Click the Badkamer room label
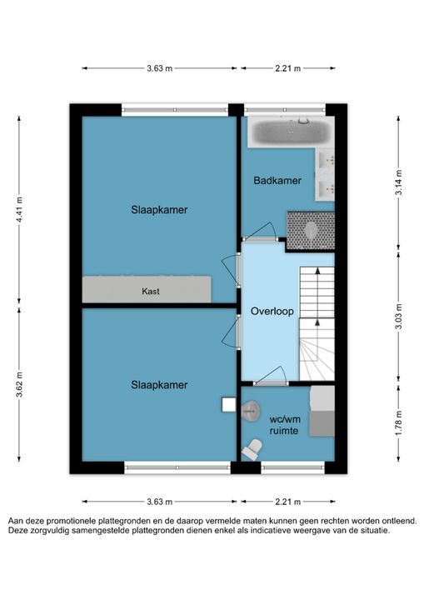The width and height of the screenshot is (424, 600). pyautogui.click(x=277, y=181)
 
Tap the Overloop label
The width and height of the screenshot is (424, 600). pyautogui.click(x=272, y=311)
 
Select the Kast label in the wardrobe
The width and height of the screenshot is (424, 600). pyautogui.click(x=151, y=291)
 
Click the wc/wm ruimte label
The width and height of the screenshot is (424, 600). pyautogui.click(x=284, y=425)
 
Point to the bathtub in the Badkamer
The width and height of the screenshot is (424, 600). pyautogui.click(x=291, y=132)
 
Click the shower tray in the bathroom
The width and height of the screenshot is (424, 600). pyautogui.click(x=311, y=231)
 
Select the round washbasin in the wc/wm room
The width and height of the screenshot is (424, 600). pyautogui.click(x=250, y=411)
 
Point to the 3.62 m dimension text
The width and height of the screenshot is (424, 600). pyautogui.click(x=19, y=384)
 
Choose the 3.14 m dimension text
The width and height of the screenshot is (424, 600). pyautogui.click(x=399, y=182)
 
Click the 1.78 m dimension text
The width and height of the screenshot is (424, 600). pyautogui.click(x=399, y=422)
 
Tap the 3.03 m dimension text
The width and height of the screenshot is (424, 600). pyautogui.click(x=399, y=317)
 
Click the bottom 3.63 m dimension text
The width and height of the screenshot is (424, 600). pyautogui.click(x=160, y=502)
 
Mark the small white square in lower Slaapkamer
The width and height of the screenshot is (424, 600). pyautogui.click(x=229, y=405)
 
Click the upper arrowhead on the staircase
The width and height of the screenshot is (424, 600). pyautogui.click(x=317, y=271)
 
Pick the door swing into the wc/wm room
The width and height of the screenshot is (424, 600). pyautogui.click(x=272, y=374)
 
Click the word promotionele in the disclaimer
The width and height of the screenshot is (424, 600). pyautogui.click(x=71, y=521)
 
